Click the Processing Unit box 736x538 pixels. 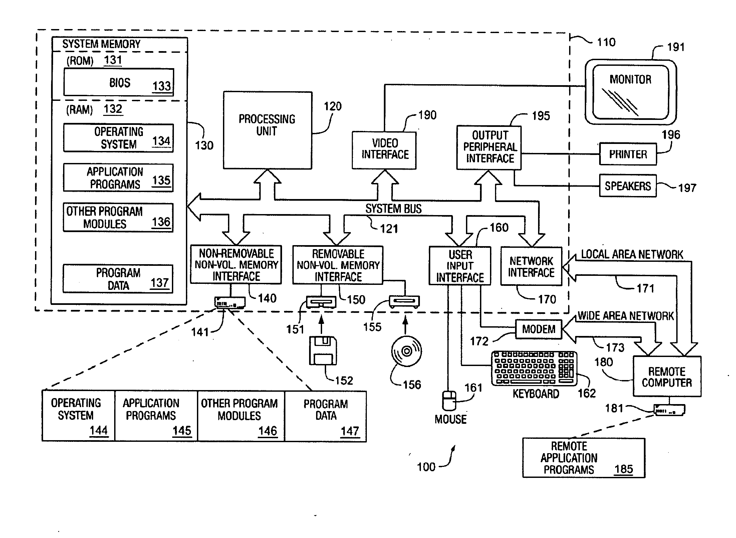coord(268,130)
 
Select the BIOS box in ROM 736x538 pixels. coord(119,82)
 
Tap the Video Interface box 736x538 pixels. coord(384,151)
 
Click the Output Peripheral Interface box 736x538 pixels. coord(489,148)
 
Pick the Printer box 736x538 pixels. coord(628,154)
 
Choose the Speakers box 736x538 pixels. coord(628,186)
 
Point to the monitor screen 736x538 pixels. coord(631,92)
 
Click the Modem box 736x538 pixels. coord(538,329)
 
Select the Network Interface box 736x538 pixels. coord(531,266)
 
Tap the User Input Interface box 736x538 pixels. coord(460,266)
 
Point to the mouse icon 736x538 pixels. coord(449,400)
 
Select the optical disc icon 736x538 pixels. coord(407,351)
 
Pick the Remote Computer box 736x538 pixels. coord(667,376)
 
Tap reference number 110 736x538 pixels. coord(606,42)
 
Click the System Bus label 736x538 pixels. coord(394,209)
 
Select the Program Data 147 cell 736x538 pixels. coord(326,416)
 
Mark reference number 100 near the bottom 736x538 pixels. coord(426,467)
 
